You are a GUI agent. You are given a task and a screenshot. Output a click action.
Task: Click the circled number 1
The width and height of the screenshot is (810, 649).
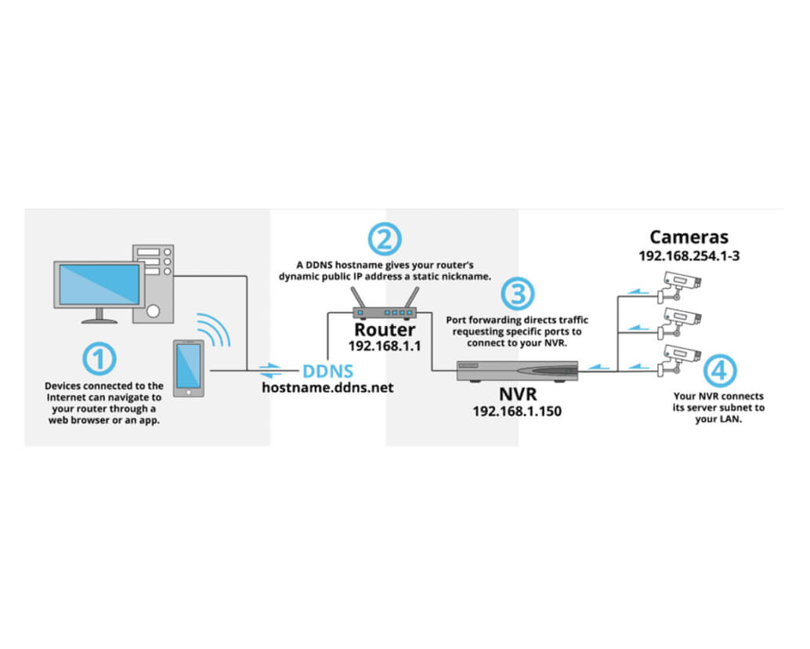[99, 360]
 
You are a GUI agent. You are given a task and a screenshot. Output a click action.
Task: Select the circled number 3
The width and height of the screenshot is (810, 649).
[518, 293]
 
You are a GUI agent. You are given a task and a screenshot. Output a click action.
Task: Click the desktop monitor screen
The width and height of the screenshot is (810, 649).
[99, 285]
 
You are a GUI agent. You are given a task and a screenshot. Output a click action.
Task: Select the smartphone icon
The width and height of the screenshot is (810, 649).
[187, 368]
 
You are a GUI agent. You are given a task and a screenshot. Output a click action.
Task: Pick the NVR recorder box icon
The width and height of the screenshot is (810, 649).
[517, 371]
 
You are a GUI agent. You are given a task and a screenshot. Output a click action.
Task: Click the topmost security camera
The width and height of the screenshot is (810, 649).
[679, 285]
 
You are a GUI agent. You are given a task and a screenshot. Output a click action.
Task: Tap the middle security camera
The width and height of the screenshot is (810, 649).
[679, 321]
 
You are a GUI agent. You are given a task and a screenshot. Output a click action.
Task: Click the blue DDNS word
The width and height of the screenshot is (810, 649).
[328, 371]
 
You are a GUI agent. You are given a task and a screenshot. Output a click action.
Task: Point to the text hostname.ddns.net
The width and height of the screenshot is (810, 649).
[328, 387]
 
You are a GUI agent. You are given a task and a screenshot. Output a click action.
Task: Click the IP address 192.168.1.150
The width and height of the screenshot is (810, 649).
[517, 410]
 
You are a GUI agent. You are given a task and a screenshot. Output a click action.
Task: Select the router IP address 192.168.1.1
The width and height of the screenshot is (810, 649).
[384, 346]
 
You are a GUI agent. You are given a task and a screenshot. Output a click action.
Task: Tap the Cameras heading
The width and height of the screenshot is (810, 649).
[689, 237]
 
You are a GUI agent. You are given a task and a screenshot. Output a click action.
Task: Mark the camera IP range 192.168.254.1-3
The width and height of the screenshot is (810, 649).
[689, 256]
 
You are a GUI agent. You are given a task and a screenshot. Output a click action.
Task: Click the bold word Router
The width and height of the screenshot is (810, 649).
[384, 330]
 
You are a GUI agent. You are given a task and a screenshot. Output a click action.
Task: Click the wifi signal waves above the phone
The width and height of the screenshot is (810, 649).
[213, 328]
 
